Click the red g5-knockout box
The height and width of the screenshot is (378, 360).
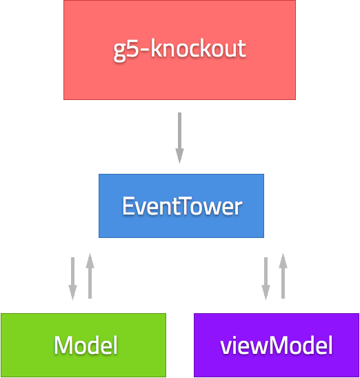[179, 50]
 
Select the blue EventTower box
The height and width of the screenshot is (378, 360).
[181, 206]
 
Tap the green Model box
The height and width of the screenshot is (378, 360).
[83, 345]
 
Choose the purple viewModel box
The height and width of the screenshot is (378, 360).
[277, 345]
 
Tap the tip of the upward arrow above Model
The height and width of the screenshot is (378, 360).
[90, 259]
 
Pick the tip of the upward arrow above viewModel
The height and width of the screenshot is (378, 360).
[282, 259]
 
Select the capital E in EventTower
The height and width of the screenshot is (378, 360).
[128, 206]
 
